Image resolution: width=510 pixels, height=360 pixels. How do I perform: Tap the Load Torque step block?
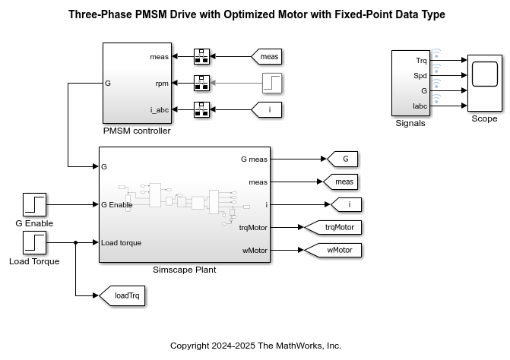tap(34, 243)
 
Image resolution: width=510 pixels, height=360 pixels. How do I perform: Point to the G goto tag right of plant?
tap(343, 159)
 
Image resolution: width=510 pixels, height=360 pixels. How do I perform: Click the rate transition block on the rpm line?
tap(201, 83)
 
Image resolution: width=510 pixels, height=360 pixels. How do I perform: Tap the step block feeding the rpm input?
tap(272, 83)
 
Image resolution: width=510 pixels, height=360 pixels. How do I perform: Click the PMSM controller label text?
tap(137, 131)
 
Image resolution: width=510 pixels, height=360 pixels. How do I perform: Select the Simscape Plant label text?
tap(185, 270)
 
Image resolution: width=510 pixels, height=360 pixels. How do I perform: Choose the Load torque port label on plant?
tap(121, 243)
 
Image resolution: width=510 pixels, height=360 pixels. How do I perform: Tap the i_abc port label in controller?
tap(159, 110)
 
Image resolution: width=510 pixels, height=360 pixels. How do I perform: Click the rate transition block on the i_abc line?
tap(201, 109)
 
